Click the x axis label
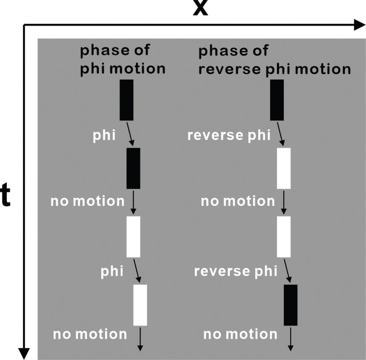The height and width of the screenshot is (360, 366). (200, 9)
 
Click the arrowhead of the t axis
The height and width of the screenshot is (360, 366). (24, 353)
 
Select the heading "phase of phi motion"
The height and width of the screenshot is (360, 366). (123, 60)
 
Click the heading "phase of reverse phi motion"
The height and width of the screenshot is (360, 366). (274, 60)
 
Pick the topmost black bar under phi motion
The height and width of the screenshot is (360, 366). (127, 100)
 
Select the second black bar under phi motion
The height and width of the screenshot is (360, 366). (133, 168)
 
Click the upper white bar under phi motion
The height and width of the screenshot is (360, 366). (133, 237)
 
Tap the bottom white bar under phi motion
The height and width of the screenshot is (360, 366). (140, 305)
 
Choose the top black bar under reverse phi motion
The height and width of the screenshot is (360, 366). (277, 100)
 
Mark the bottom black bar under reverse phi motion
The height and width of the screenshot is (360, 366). (291, 305)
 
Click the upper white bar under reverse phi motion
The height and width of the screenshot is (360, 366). (284, 168)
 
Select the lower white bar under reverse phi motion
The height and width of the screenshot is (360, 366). (284, 237)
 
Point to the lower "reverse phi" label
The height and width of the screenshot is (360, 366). (236, 271)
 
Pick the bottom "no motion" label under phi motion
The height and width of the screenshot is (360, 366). (90, 334)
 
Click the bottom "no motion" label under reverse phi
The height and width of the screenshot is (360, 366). (240, 334)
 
